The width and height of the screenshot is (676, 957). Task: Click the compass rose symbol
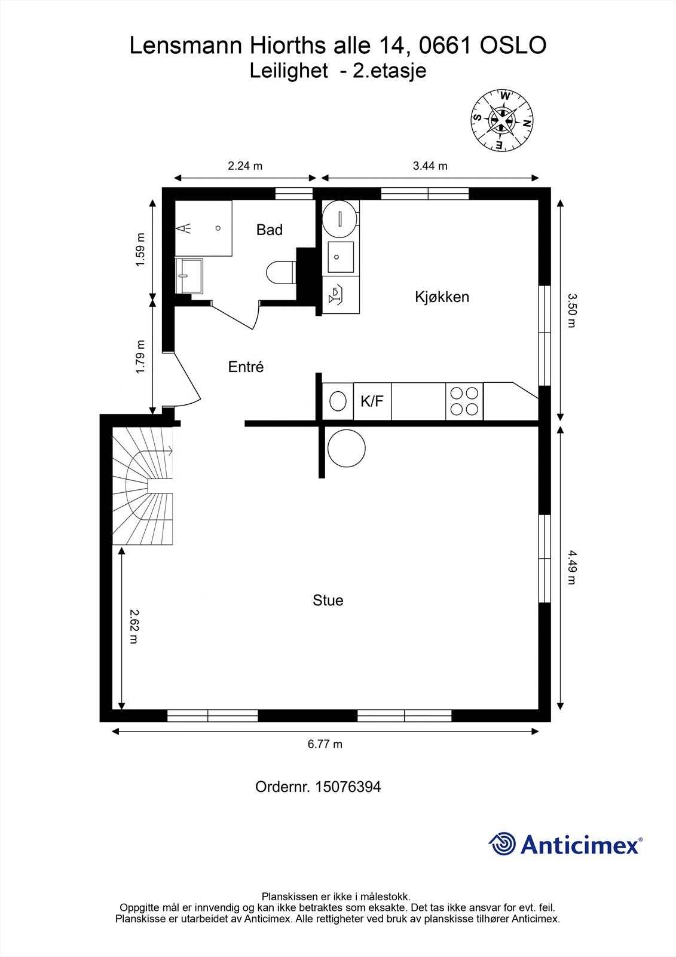(502, 120)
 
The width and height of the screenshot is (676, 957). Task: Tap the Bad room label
(270, 230)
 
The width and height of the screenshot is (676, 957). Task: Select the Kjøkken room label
(442, 297)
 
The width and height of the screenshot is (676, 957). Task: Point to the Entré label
(246, 367)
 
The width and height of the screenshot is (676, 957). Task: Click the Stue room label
(328, 601)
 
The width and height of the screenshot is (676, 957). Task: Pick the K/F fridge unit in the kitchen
(372, 401)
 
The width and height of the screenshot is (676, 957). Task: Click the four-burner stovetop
(464, 401)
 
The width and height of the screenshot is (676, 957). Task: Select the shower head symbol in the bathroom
(183, 228)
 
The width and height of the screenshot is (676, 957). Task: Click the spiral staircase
(143, 486)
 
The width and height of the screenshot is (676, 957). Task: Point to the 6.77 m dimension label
(325, 744)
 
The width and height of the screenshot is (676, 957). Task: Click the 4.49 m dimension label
(572, 567)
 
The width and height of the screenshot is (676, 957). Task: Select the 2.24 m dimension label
(245, 166)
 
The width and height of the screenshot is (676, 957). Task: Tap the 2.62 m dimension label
(134, 626)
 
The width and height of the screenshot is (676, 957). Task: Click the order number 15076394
(348, 787)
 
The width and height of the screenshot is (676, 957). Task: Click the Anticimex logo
(565, 844)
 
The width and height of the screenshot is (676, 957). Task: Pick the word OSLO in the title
(513, 45)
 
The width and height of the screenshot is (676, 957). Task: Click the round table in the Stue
(346, 448)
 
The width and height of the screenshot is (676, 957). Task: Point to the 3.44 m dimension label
(430, 166)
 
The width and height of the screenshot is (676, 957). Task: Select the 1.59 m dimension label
(140, 250)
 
